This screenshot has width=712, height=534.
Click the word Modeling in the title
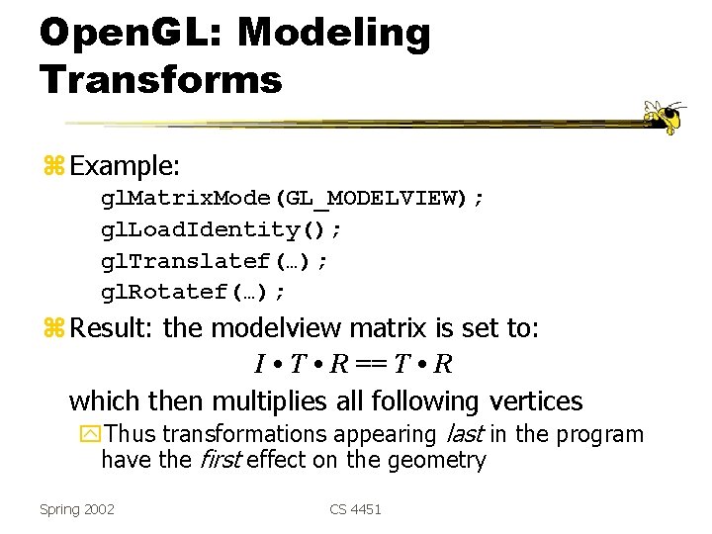(x=334, y=34)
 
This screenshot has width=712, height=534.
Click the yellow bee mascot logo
(x=664, y=116)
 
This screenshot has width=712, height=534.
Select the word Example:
(x=124, y=162)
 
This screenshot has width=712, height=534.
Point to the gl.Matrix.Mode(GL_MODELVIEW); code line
(x=293, y=198)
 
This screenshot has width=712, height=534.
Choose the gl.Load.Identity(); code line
(x=222, y=229)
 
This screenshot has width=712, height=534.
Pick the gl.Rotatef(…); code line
(x=194, y=292)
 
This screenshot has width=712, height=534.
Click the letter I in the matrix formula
(x=259, y=365)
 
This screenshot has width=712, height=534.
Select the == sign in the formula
(x=372, y=365)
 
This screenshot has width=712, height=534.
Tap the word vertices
(x=535, y=400)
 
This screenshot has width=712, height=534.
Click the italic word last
(x=464, y=434)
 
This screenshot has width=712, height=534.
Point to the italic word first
(x=222, y=460)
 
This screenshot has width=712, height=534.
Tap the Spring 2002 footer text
(x=77, y=509)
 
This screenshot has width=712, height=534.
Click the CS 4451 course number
(x=355, y=509)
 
